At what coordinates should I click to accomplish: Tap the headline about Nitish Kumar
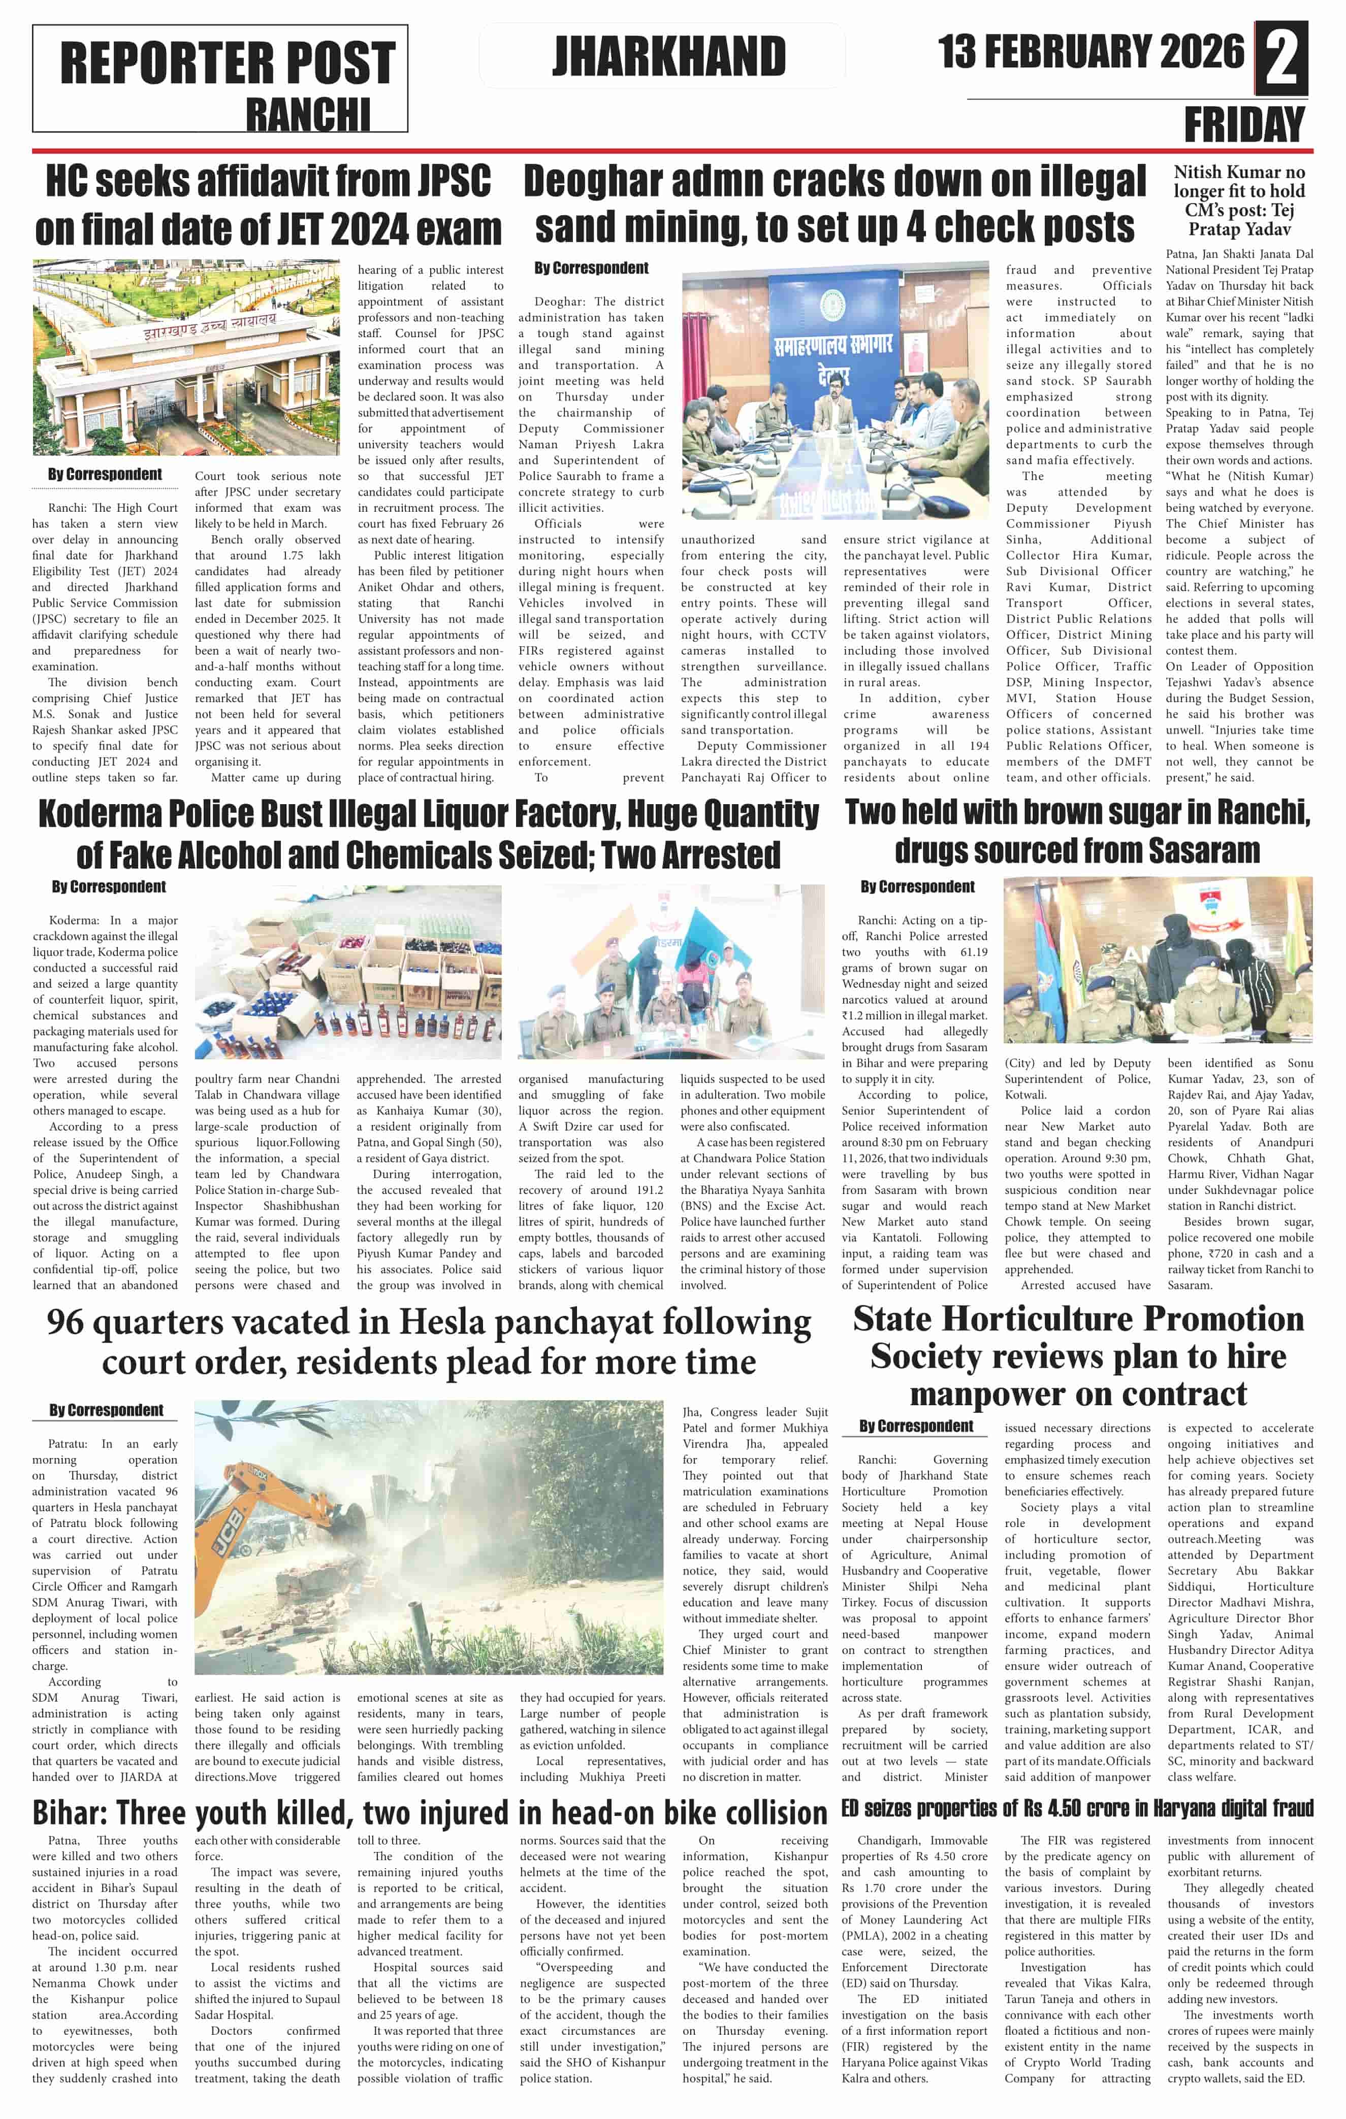tap(1239, 201)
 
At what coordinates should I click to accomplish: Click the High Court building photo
tap(186, 357)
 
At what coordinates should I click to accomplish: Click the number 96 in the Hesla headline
tap(74, 1322)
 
